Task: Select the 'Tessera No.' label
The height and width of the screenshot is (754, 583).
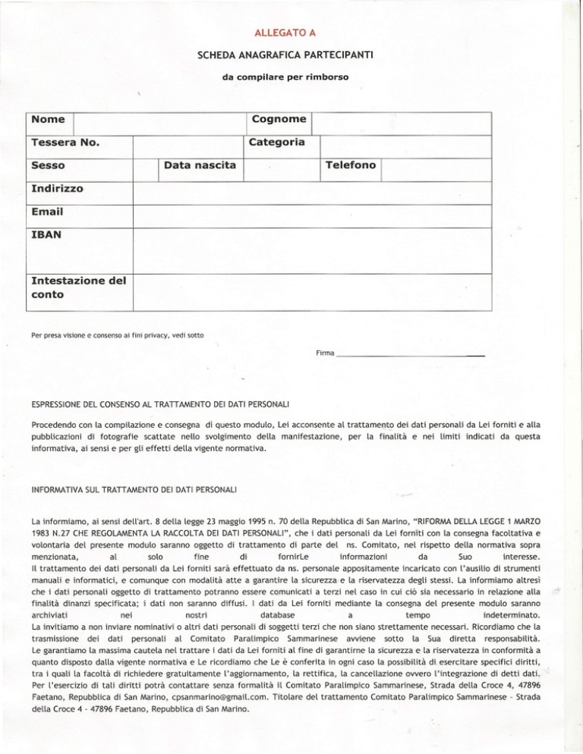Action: point(66,143)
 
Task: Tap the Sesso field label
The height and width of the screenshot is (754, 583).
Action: point(48,165)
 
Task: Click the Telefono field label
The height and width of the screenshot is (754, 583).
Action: point(351,165)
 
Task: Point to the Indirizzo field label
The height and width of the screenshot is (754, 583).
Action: point(58,187)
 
